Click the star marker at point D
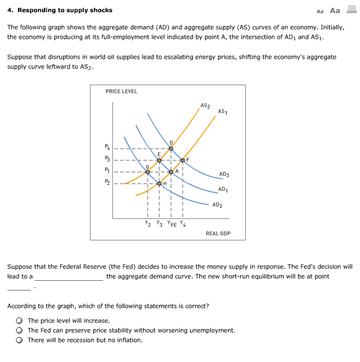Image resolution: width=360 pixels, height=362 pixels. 171,149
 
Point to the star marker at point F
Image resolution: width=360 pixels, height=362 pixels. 182,160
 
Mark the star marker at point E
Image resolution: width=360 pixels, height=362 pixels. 159,160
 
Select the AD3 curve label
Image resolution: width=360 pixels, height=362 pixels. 224,174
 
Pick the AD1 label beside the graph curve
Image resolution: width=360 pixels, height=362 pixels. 223,189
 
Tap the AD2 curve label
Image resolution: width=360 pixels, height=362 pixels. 217,205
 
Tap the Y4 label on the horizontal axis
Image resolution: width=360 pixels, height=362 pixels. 182,224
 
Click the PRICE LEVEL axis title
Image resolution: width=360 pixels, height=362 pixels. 121,91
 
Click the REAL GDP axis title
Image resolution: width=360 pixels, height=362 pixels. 218,234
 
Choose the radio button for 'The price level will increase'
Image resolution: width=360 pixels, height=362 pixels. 19,321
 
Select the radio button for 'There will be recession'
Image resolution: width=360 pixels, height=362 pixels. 19,340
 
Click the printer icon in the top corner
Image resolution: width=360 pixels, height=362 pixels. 351,9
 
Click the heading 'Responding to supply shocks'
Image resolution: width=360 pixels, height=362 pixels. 65,10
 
